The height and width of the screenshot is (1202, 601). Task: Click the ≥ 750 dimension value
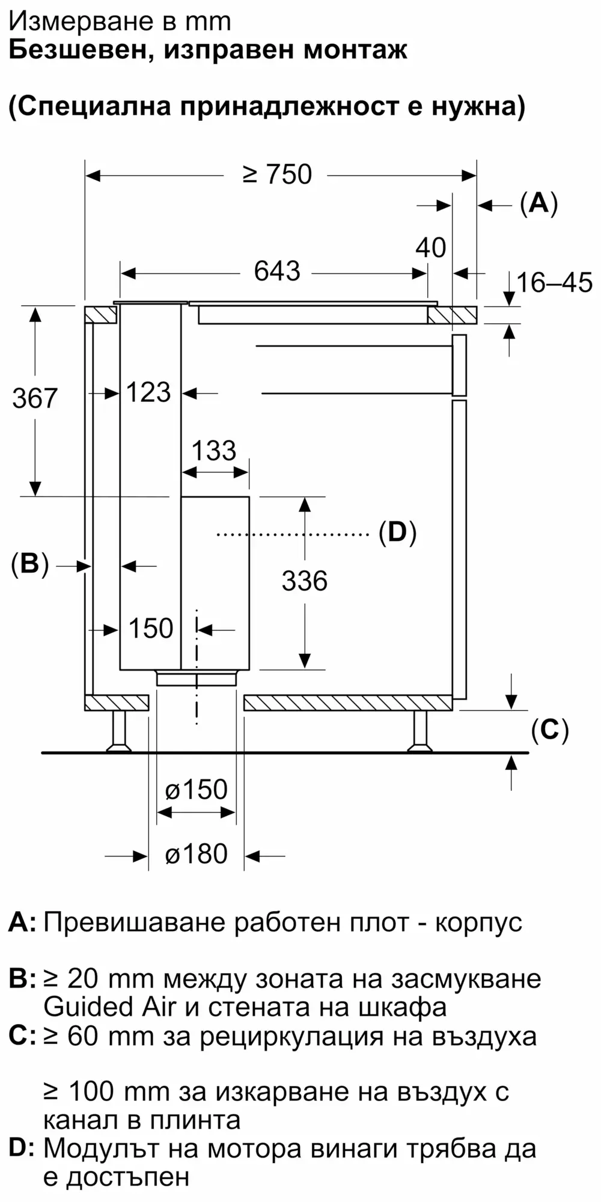click(x=278, y=174)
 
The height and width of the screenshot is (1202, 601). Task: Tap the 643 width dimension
click(x=277, y=271)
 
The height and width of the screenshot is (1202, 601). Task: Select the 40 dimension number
click(x=431, y=247)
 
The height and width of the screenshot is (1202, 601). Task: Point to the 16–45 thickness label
click(x=554, y=282)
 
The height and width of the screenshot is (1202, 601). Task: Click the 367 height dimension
click(x=35, y=398)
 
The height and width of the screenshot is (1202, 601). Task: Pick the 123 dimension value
click(x=148, y=392)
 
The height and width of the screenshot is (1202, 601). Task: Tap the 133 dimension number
click(x=214, y=451)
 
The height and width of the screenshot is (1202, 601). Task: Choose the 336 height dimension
click(x=305, y=581)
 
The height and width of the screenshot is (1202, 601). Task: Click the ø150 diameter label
click(x=197, y=790)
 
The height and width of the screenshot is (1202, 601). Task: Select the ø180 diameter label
click(x=197, y=854)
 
